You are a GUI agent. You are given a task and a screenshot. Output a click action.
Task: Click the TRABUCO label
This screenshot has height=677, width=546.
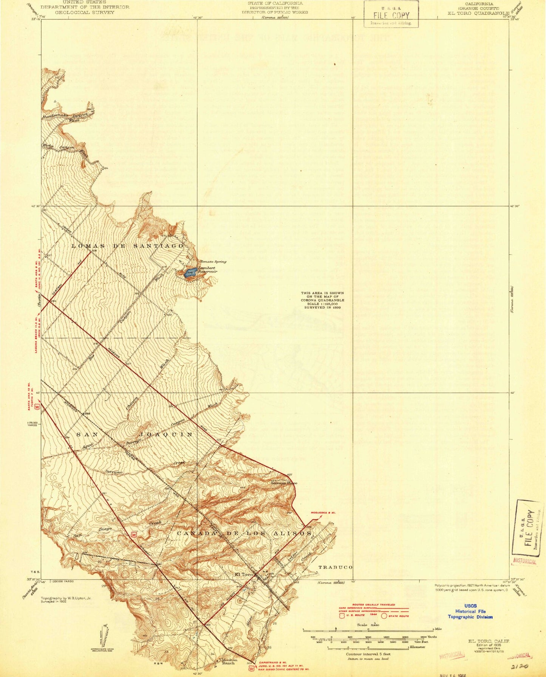[x=335, y=567]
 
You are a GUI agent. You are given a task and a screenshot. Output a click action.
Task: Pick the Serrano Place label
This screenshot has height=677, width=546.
[x=284, y=483]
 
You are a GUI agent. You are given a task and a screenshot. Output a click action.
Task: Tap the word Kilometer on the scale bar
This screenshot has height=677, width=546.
[x=418, y=647]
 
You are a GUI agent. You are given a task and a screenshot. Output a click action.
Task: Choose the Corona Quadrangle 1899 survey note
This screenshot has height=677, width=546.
[x=323, y=300]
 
